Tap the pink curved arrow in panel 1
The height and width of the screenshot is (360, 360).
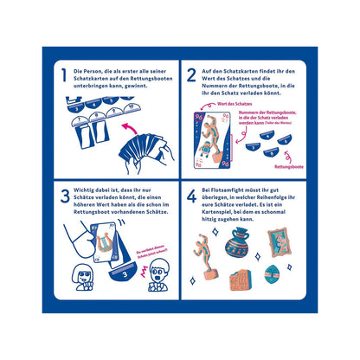coord(132,128)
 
